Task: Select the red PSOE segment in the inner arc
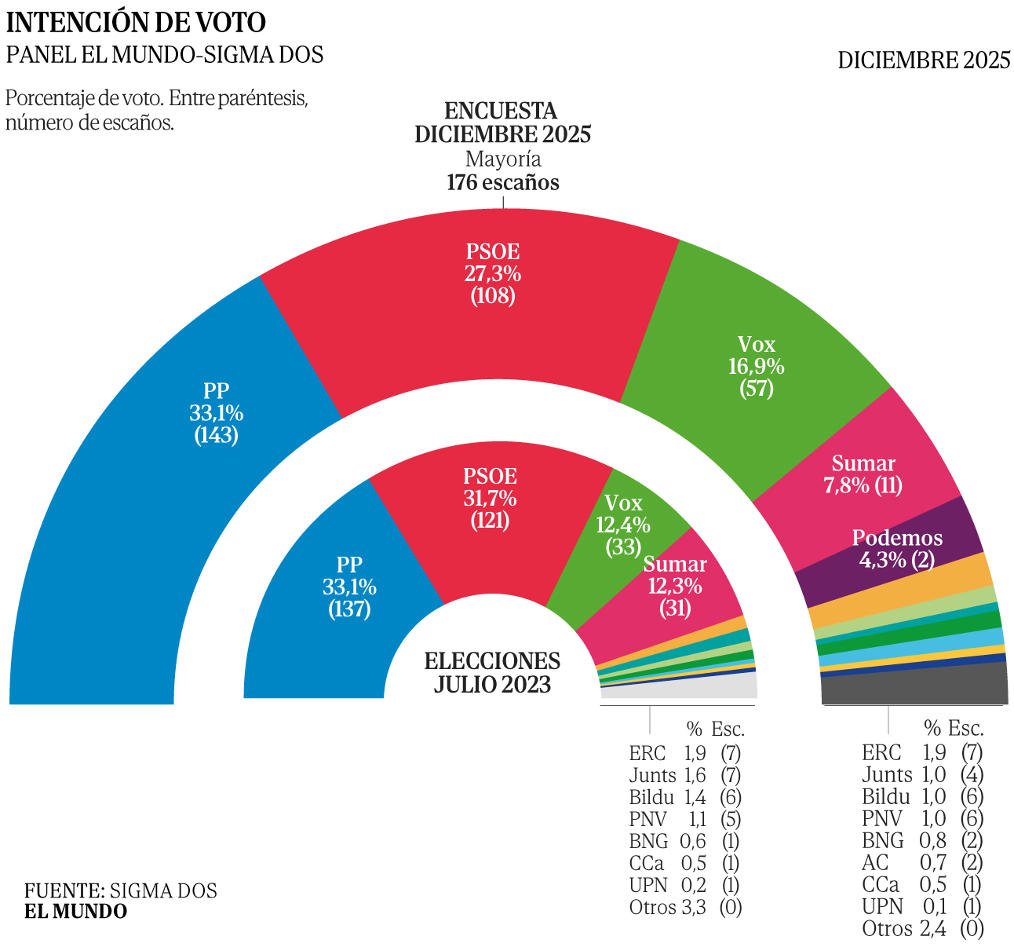[487, 542]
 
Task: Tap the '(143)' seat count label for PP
[217, 435]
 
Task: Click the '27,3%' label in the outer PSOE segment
[493, 274]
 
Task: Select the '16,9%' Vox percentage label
[757, 366]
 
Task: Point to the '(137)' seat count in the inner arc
[349, 609]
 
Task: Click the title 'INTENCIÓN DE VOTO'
[137, 23]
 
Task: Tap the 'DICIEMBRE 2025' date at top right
[924, 60]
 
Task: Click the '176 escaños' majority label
[503, 183]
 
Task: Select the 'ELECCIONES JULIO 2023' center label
[492, 672]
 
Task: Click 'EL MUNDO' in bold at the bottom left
[75, 912]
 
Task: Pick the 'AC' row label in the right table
[876, 863]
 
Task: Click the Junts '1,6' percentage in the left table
[695, 776]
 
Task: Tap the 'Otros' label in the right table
[886, 929]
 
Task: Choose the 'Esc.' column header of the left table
[728, 729]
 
